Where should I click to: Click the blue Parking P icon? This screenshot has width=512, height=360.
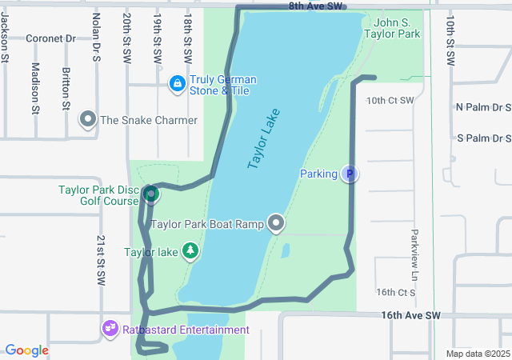pyautogui.click(x=349, y=174)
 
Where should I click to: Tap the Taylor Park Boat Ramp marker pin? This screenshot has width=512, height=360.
pyautogui.click(x=277, y=223)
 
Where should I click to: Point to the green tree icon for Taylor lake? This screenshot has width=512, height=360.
pyautogui.click(x=190, y=253)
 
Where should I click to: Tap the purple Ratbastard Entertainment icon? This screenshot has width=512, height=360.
pyautogui.click(x=110, y=329)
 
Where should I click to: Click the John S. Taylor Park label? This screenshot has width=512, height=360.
pyautogui.click(x=391, y=29)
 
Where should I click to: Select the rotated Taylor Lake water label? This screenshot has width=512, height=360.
pyautogui.click(x=265, y=138)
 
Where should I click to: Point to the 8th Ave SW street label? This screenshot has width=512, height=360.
pyautogui.click(x=316, y=6)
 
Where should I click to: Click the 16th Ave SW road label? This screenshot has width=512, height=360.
pyautogui.click(x=410, y=316)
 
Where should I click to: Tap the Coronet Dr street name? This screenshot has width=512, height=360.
pyautogui.click(x=50, y=38)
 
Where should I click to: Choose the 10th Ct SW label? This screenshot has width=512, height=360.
pyautogui.click(x=390, y=101)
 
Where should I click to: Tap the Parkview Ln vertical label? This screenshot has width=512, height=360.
pyautogui.click(x=414, y=249)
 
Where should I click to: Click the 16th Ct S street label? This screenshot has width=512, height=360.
pyautogui.click(x=395, y=293)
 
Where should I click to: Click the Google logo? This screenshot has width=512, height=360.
pyautogui.click(x=26, y=350)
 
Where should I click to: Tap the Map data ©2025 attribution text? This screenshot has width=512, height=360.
pyautogui.click(x=477, y=354)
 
